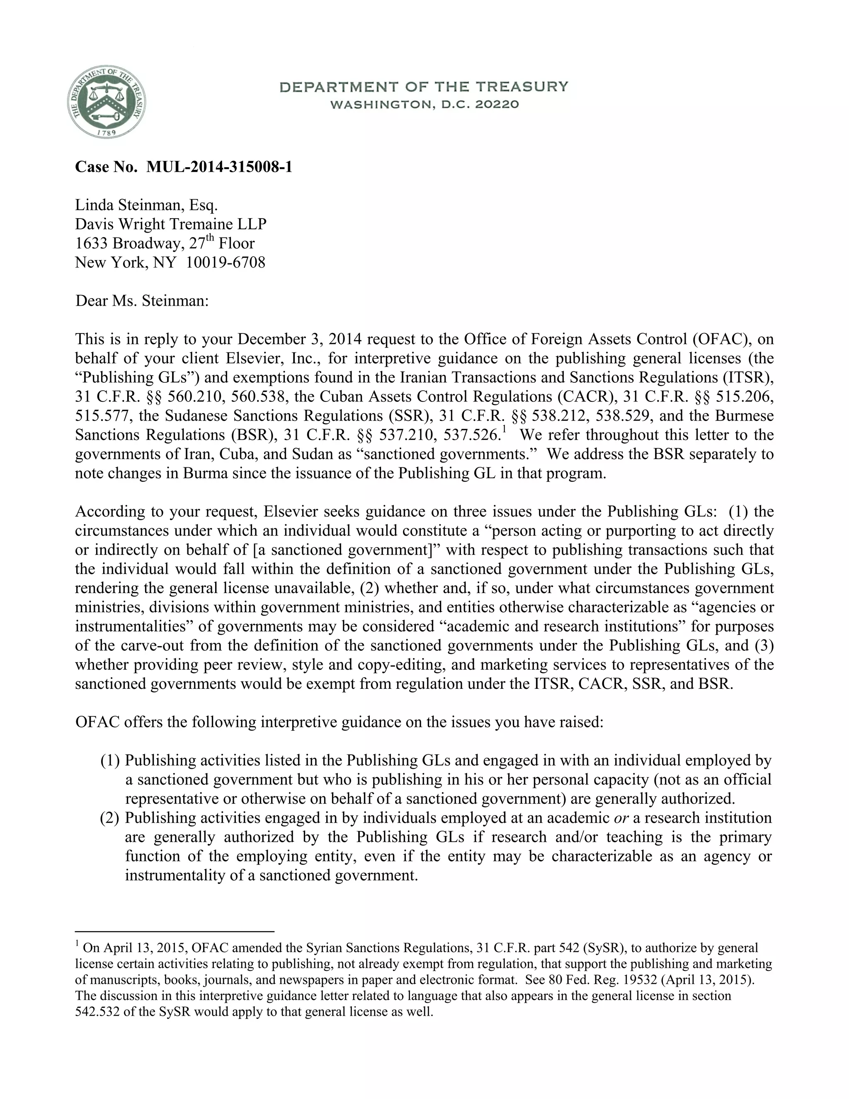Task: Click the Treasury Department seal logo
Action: point(106,102)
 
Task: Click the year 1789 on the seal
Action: point(106,132)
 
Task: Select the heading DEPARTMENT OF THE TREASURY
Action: point(424,87)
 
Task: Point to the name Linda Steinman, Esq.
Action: point(146,205)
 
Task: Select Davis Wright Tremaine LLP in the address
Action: point(170,224)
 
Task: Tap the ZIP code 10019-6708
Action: point(226,262)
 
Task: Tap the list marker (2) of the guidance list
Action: point(109,818)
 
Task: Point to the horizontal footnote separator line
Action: point(174,931)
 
